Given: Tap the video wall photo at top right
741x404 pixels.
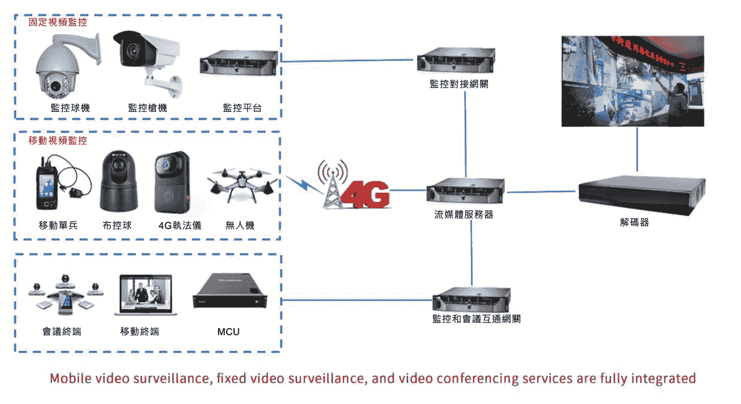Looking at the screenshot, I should [632, 80].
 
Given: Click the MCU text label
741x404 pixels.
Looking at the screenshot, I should [228, 332].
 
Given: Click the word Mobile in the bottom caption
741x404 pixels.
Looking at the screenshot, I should [69, 378].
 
